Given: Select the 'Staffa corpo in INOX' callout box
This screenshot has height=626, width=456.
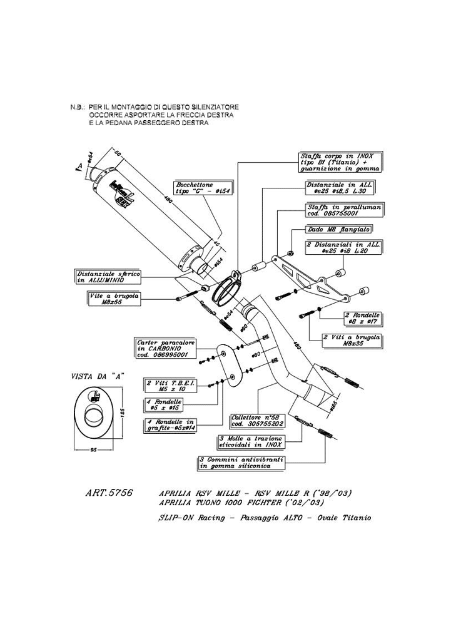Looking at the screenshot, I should pos(340,162).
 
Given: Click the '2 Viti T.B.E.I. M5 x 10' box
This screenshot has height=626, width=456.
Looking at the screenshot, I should pos(164,385).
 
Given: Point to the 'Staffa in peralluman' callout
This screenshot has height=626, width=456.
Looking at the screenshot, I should pos(343,208).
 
